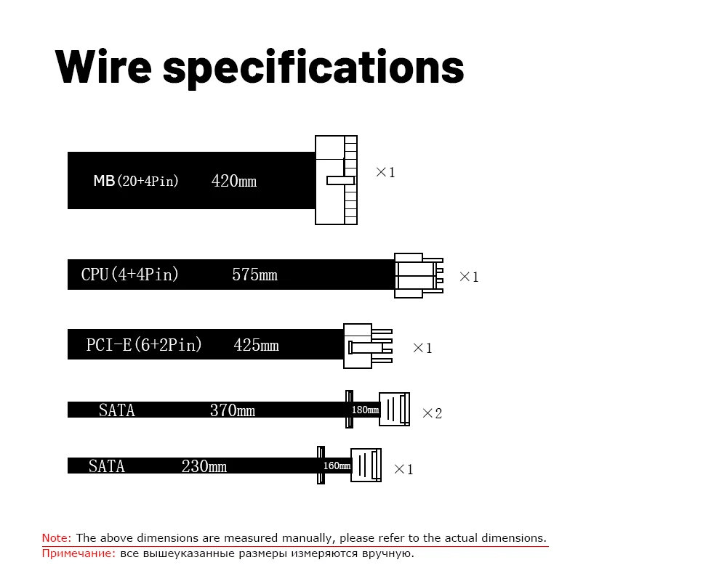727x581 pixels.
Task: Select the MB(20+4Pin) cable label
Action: point(136,181)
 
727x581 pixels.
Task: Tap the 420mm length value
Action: point(234,181)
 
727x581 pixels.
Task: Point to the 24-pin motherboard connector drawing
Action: point(336,180)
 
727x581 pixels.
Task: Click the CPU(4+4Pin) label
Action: point(130,275)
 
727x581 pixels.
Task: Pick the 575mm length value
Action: point(254,275)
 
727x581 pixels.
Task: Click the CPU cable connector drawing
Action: point(417,275)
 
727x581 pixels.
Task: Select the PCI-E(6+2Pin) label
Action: point(144,345)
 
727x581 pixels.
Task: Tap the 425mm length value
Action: point(256,345)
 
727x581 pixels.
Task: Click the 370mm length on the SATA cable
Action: point(232,410)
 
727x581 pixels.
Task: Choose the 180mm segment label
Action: point(365,410)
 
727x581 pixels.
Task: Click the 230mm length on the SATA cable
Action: point(204,466)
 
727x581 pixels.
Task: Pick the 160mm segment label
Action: point(336,466)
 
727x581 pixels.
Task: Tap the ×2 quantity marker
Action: point(432,413)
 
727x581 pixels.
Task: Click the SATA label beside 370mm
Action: point(117,410)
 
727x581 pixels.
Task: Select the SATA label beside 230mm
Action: point(107,466)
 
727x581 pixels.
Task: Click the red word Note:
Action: point(57,538)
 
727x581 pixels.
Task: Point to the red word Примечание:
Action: point(79,553)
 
